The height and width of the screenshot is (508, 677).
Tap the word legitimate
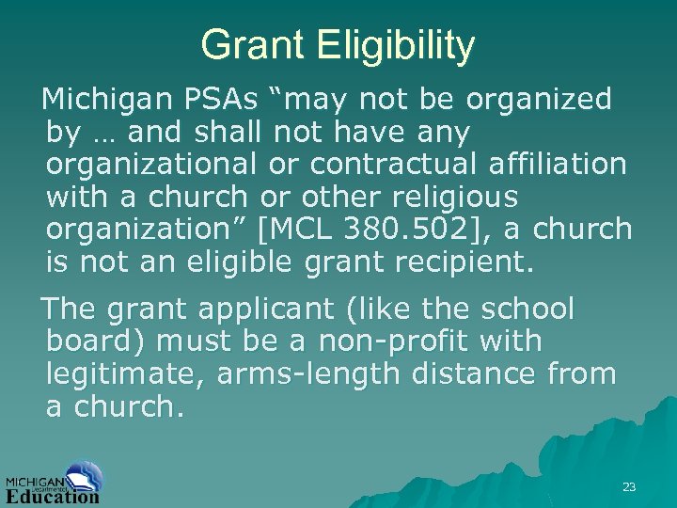126,375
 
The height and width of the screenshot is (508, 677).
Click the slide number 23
629,486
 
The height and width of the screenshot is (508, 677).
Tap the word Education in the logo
53,495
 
